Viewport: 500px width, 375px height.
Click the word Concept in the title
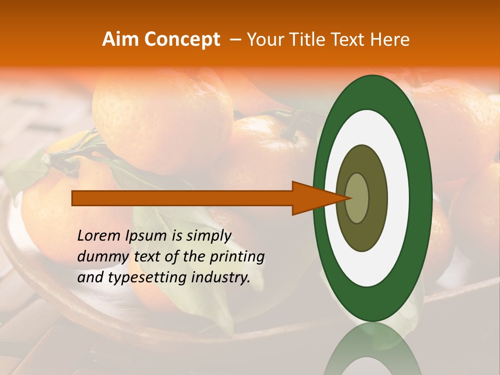[182, 40]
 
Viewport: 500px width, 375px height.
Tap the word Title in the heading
[301, 40]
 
